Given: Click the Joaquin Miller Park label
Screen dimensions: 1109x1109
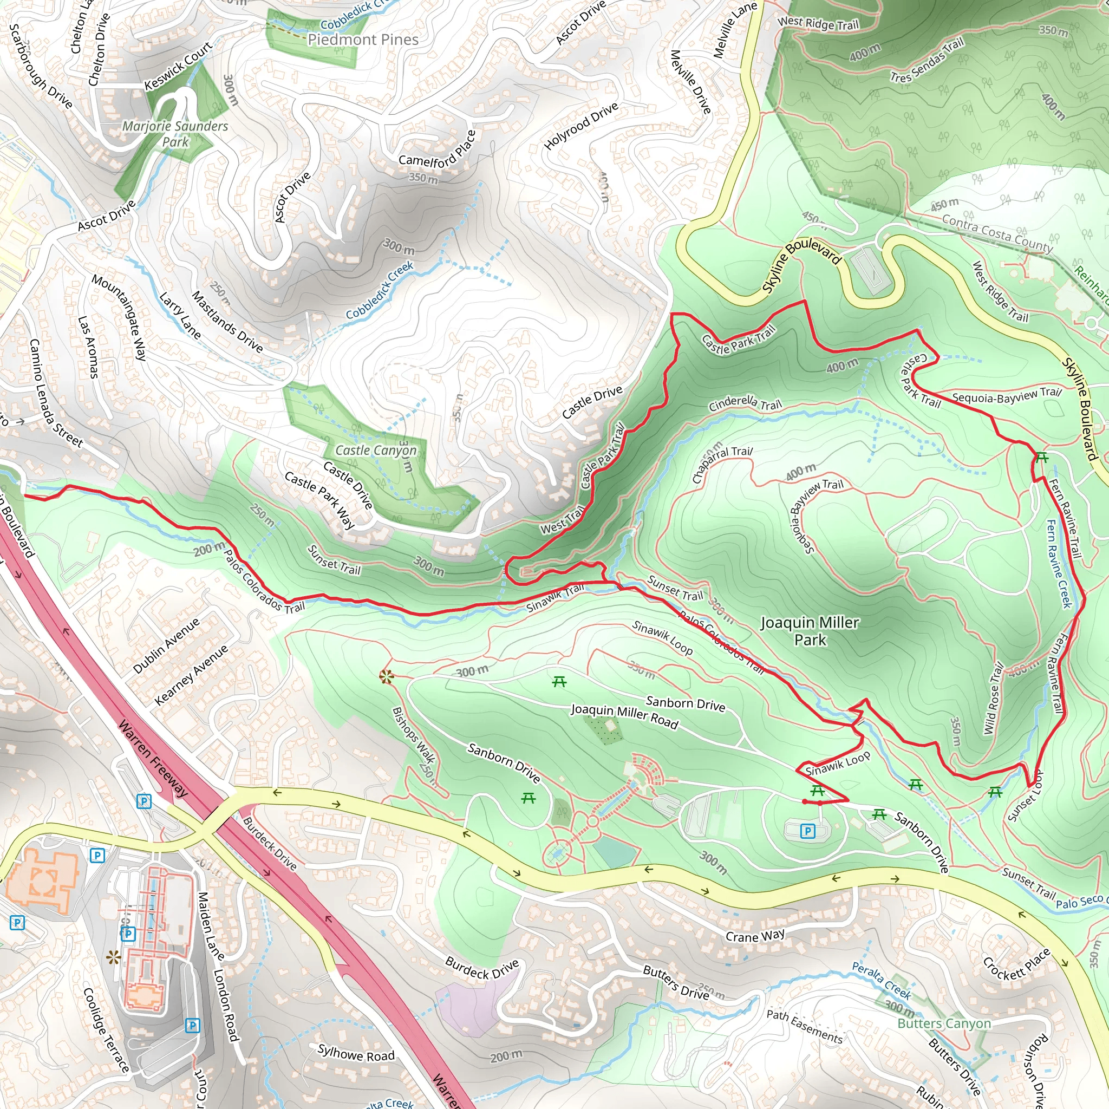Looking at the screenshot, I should pyautogui.click(x=810, y=631).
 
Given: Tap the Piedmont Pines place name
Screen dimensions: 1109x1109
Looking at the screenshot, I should pyautogui.click(x=363, y=40).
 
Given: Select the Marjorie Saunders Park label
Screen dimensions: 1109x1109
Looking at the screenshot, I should pyautogui.click(x=175, y=134).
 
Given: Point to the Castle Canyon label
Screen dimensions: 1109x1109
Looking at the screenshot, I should pyautogui.click(x=375, y=451).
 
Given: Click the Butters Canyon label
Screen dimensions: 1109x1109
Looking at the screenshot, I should pyautogui.click(x=944, y=1023).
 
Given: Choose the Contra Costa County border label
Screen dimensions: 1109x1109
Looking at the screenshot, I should pyautogui.click(x=997, y=233).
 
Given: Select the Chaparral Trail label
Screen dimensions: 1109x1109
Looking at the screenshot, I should pyautogui.click(x=721, y=463).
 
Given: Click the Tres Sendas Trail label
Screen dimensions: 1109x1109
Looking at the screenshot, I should pyautogui.click(x=927, y=60).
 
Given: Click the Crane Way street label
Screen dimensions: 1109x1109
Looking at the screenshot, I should pyautogui.click(x=755, y=936).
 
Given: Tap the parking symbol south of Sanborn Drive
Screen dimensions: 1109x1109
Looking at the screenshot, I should pyautogui.click(x=807, y=831).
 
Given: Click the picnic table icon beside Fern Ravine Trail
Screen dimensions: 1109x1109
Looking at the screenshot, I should pyautogui.click(x=1042, y=458).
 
